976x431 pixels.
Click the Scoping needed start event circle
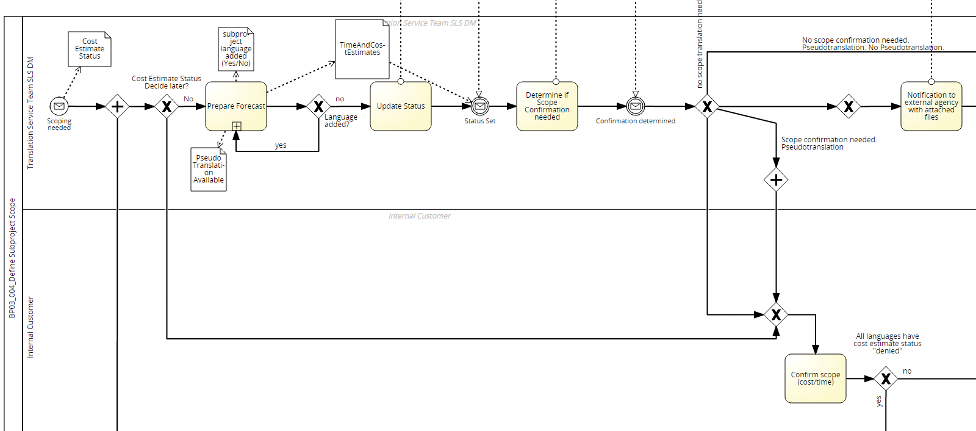[x=59, y=106]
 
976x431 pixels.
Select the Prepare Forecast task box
[x=236, y=106]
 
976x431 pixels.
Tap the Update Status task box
[x=401, y=106]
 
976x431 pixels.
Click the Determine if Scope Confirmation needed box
[x=547, y=106]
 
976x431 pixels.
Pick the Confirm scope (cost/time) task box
[x=816, y=378]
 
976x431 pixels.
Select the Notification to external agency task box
[x=931, y=106]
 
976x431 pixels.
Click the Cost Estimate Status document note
[x=90, y=49]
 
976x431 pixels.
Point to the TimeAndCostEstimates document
[x=362, y=49]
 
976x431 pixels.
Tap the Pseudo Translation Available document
[x=209, y=169]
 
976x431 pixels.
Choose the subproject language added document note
[x=236, y=49]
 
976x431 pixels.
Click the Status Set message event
[x=480, y=106]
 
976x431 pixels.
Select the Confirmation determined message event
[x=636, y=106]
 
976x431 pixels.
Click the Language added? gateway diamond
[x=318, y=106]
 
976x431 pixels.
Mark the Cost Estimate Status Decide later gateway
[x=167, y=106]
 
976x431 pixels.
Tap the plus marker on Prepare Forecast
[x=237, y=126]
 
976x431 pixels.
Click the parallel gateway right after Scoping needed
[x=117, y=106]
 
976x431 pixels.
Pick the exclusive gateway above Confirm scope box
[x=776, y=314]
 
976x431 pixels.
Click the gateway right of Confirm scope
[x=886, y=378]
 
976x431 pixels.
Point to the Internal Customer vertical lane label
[x=30, y=327]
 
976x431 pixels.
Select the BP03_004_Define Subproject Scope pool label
[x=12, y=258]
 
